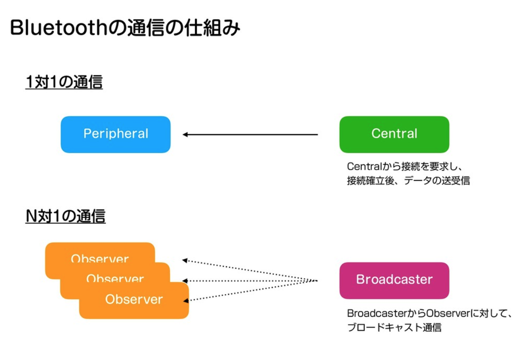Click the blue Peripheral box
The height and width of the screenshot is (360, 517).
point(115,134)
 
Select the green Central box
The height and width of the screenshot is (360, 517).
point(394,134)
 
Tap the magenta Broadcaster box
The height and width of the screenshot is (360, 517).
point(394,280)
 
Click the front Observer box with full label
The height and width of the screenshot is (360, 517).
point(134,300)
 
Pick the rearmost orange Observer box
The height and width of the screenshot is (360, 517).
point(100,252)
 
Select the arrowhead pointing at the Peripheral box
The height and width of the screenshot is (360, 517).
point(185,135)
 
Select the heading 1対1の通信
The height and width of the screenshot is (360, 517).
point(64,82)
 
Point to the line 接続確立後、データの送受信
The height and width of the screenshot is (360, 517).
point(408,180)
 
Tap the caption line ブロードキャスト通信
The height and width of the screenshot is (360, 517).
point(394,328)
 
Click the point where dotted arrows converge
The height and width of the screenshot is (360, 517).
point(317,280)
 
